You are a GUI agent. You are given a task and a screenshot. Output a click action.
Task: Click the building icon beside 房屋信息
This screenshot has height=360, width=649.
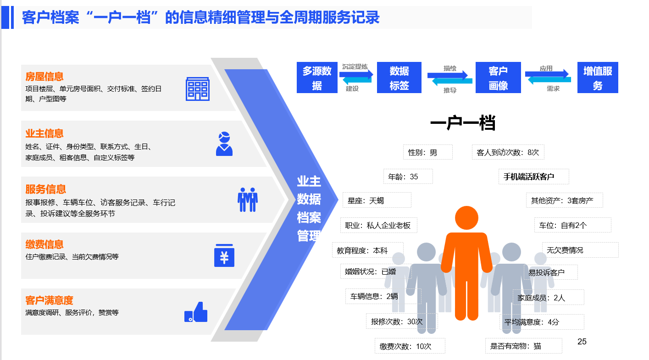[198, 89]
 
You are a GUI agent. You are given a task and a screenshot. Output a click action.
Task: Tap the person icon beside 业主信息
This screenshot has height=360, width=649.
[224, 144]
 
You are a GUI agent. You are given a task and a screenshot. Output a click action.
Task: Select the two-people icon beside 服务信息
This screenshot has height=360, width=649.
[247, 199]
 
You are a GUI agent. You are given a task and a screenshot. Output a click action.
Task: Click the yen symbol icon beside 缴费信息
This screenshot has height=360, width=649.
[224, 255]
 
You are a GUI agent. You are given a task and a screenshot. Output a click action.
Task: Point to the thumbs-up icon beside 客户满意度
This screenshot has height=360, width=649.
[196, 312]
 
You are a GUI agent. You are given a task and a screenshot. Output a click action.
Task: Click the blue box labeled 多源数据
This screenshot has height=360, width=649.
[317, 78]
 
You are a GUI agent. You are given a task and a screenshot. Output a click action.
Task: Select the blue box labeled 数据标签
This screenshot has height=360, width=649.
[399, 78]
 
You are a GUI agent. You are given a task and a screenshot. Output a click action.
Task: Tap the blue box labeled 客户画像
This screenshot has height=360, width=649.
[498, 78]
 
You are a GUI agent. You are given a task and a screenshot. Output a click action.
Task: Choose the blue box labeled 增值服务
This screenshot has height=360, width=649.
[598, 78]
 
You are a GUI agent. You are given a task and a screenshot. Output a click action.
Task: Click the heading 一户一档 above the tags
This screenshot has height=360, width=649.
[463, 123]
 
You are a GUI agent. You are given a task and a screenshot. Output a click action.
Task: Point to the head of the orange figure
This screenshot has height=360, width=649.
[466, 218]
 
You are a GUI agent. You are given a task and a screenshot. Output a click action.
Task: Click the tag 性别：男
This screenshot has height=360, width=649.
[427, 152]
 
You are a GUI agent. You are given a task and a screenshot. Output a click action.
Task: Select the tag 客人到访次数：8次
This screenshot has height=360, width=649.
[508, 152]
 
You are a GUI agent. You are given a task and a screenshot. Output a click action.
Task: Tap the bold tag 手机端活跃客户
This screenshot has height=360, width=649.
[534, 177]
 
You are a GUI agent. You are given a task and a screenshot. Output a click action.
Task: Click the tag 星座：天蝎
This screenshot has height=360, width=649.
[377, 200]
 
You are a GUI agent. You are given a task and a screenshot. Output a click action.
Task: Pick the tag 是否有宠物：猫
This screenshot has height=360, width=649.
[523, 346]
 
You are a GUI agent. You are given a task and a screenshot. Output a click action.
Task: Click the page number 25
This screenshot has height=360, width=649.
[582, 342]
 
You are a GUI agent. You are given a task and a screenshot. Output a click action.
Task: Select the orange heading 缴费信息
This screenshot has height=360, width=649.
[44, 244]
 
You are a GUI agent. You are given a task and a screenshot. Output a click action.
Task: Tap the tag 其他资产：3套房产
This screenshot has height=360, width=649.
[565, 200]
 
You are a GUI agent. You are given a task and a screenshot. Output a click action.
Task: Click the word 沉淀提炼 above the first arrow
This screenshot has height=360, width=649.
[355, 66]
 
